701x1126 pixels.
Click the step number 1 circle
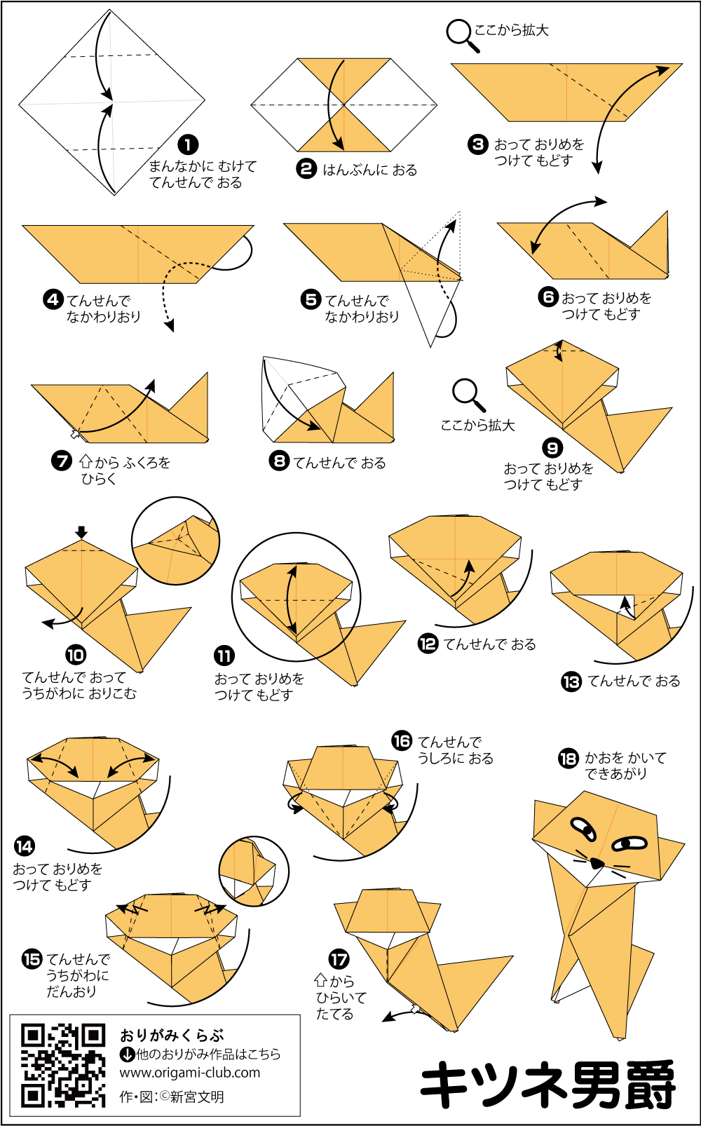(x=188, y=145)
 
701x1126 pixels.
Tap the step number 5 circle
(x=311, y=299)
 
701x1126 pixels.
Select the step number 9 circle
(x=552, y=447)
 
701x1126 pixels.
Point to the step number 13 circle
(x=571, y=681)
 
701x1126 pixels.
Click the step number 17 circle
(x=339, y=959)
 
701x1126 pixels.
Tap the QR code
(x=63, y=1066)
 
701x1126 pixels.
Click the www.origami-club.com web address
(x=190, y=1073)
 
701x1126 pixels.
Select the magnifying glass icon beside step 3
(x=462, y=35)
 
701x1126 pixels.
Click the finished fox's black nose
(x=596, y=864)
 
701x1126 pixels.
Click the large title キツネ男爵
(x=547, y=1084)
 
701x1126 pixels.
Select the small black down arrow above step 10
(x=81, y=532)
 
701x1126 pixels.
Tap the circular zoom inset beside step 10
(x=175, y=541)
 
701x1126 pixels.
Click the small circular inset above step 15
(x=254, y=871)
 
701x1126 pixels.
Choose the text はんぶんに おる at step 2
(x=370, y=170)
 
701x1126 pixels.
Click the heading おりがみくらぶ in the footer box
(x=172, y=1036)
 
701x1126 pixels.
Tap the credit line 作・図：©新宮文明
(x=172, y=1097)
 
